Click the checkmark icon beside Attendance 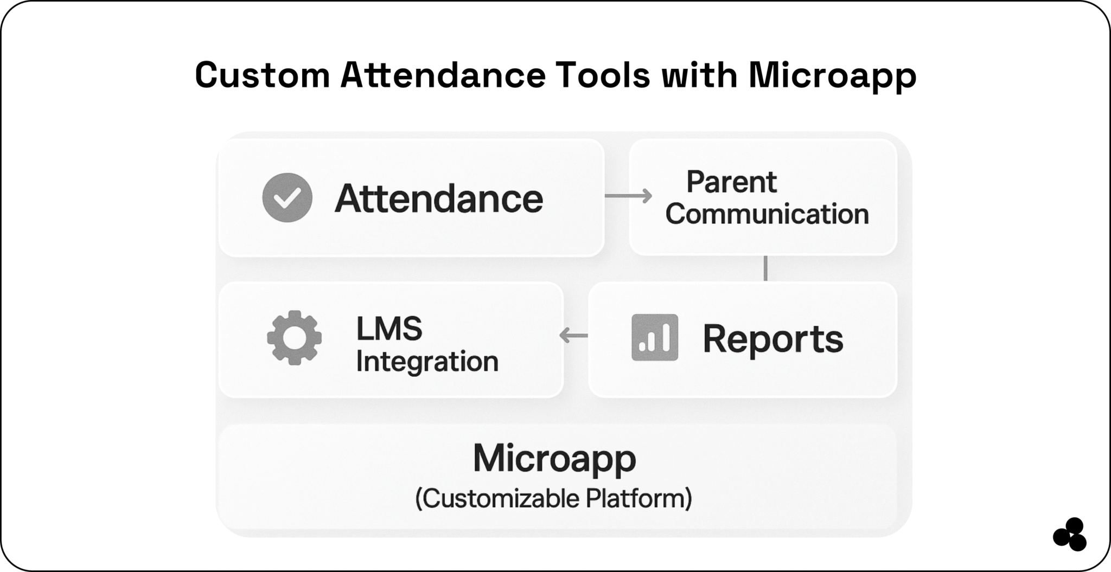(x=287, y=198)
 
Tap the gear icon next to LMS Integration (x=294, y=337)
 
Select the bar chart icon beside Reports (x=654, y=337)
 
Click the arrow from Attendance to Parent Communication (x=628, y=196)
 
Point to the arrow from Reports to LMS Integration (x=573, y=336)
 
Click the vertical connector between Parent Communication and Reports (x=765, y=268)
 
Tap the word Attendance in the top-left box (x=438, y=198)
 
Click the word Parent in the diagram (x=731, y=182)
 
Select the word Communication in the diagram (x=767, y=214)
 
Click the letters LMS (x=388, y=329)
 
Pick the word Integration (x=427, y=361)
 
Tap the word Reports (x=772, y=339)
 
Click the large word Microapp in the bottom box (x=554, y=458)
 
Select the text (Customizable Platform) (x=553, y=498)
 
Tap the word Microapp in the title (x=832, y=76)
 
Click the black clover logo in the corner (x=1070, y=535)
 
